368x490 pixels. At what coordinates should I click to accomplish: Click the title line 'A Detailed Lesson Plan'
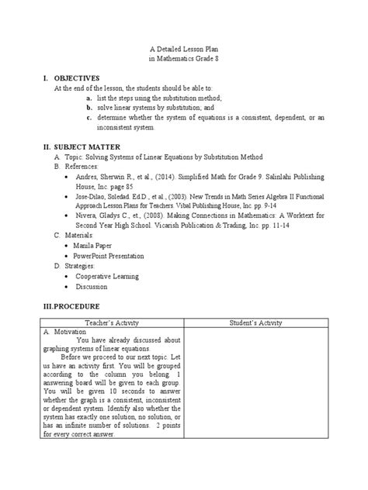point(183,49)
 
